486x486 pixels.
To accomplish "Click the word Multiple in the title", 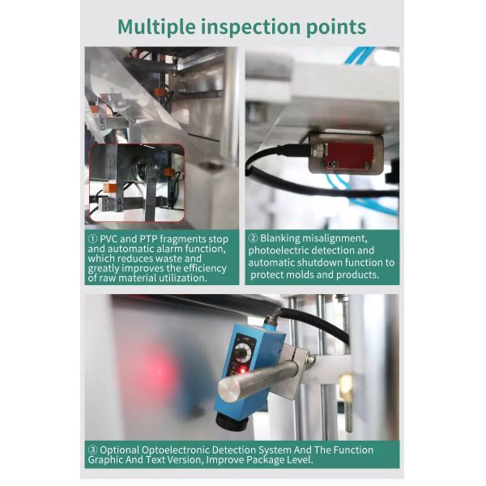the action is [156, 27].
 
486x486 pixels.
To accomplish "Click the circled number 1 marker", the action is [92, 239].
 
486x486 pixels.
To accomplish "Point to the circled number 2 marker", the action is [253, 238].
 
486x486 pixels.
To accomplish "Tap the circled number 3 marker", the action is [92, 450].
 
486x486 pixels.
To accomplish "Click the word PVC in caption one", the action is [109, 239].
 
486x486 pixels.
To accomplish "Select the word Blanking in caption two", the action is [279, 239].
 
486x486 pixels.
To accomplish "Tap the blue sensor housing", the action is [248, 372].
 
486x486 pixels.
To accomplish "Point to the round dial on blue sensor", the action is [243, 352].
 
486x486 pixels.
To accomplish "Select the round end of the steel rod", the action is [229, 391].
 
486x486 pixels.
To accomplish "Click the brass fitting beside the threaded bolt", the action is [346, 387].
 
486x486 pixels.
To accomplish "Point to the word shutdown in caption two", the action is [319, 262].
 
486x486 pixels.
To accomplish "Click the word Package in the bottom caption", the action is [266, 459].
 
